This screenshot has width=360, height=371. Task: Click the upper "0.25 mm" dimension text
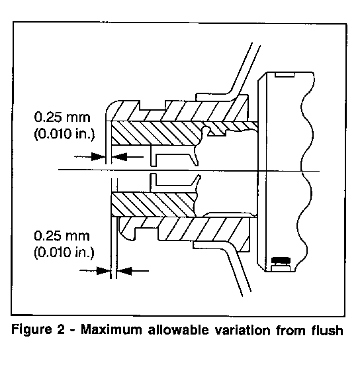[x=62, y=117]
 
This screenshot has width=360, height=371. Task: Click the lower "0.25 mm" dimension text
[x=62, y=236]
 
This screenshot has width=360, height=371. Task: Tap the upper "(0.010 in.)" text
[x=64, y=134]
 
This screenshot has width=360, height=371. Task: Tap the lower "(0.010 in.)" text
[x=64, y=252]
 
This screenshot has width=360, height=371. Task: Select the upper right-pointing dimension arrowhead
[x=99, y=156]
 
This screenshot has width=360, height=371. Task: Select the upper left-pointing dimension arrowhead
[x=119, y=156]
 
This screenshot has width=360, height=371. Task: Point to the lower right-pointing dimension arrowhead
[x=103, y=270]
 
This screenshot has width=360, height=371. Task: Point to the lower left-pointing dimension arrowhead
[x=124, y=270]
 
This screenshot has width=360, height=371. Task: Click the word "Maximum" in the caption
[x=112, y=330]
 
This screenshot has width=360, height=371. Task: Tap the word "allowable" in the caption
[x=179, y=330]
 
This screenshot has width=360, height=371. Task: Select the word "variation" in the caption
[x=242, y=330]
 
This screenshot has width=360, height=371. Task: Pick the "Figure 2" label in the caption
[x=38, y=330]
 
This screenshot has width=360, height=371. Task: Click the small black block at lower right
[x=281, y=260]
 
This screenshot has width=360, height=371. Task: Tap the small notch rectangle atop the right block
[x=285, y=74]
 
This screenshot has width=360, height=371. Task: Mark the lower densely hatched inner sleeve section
[x=154, y=205]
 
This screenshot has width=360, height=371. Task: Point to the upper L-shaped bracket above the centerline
[x=174, y=156]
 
